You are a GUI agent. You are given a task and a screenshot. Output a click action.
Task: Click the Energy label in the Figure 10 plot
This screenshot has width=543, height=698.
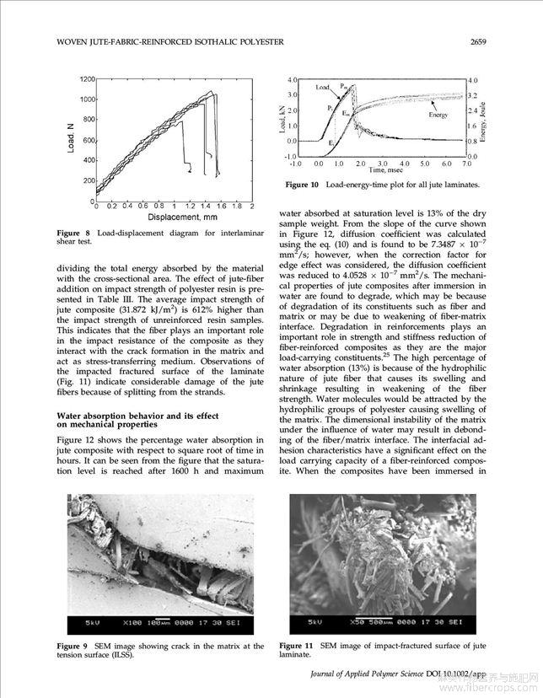point(438,115)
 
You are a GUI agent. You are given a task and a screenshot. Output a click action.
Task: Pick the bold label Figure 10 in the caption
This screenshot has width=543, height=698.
point(302,185)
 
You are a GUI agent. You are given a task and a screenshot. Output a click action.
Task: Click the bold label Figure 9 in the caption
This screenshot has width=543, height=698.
point(72,646)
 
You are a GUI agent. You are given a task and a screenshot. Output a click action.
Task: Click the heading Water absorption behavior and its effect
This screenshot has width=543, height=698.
point(137,416)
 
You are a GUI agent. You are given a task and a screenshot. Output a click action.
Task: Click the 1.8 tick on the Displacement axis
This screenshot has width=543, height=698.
point(237,206)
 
